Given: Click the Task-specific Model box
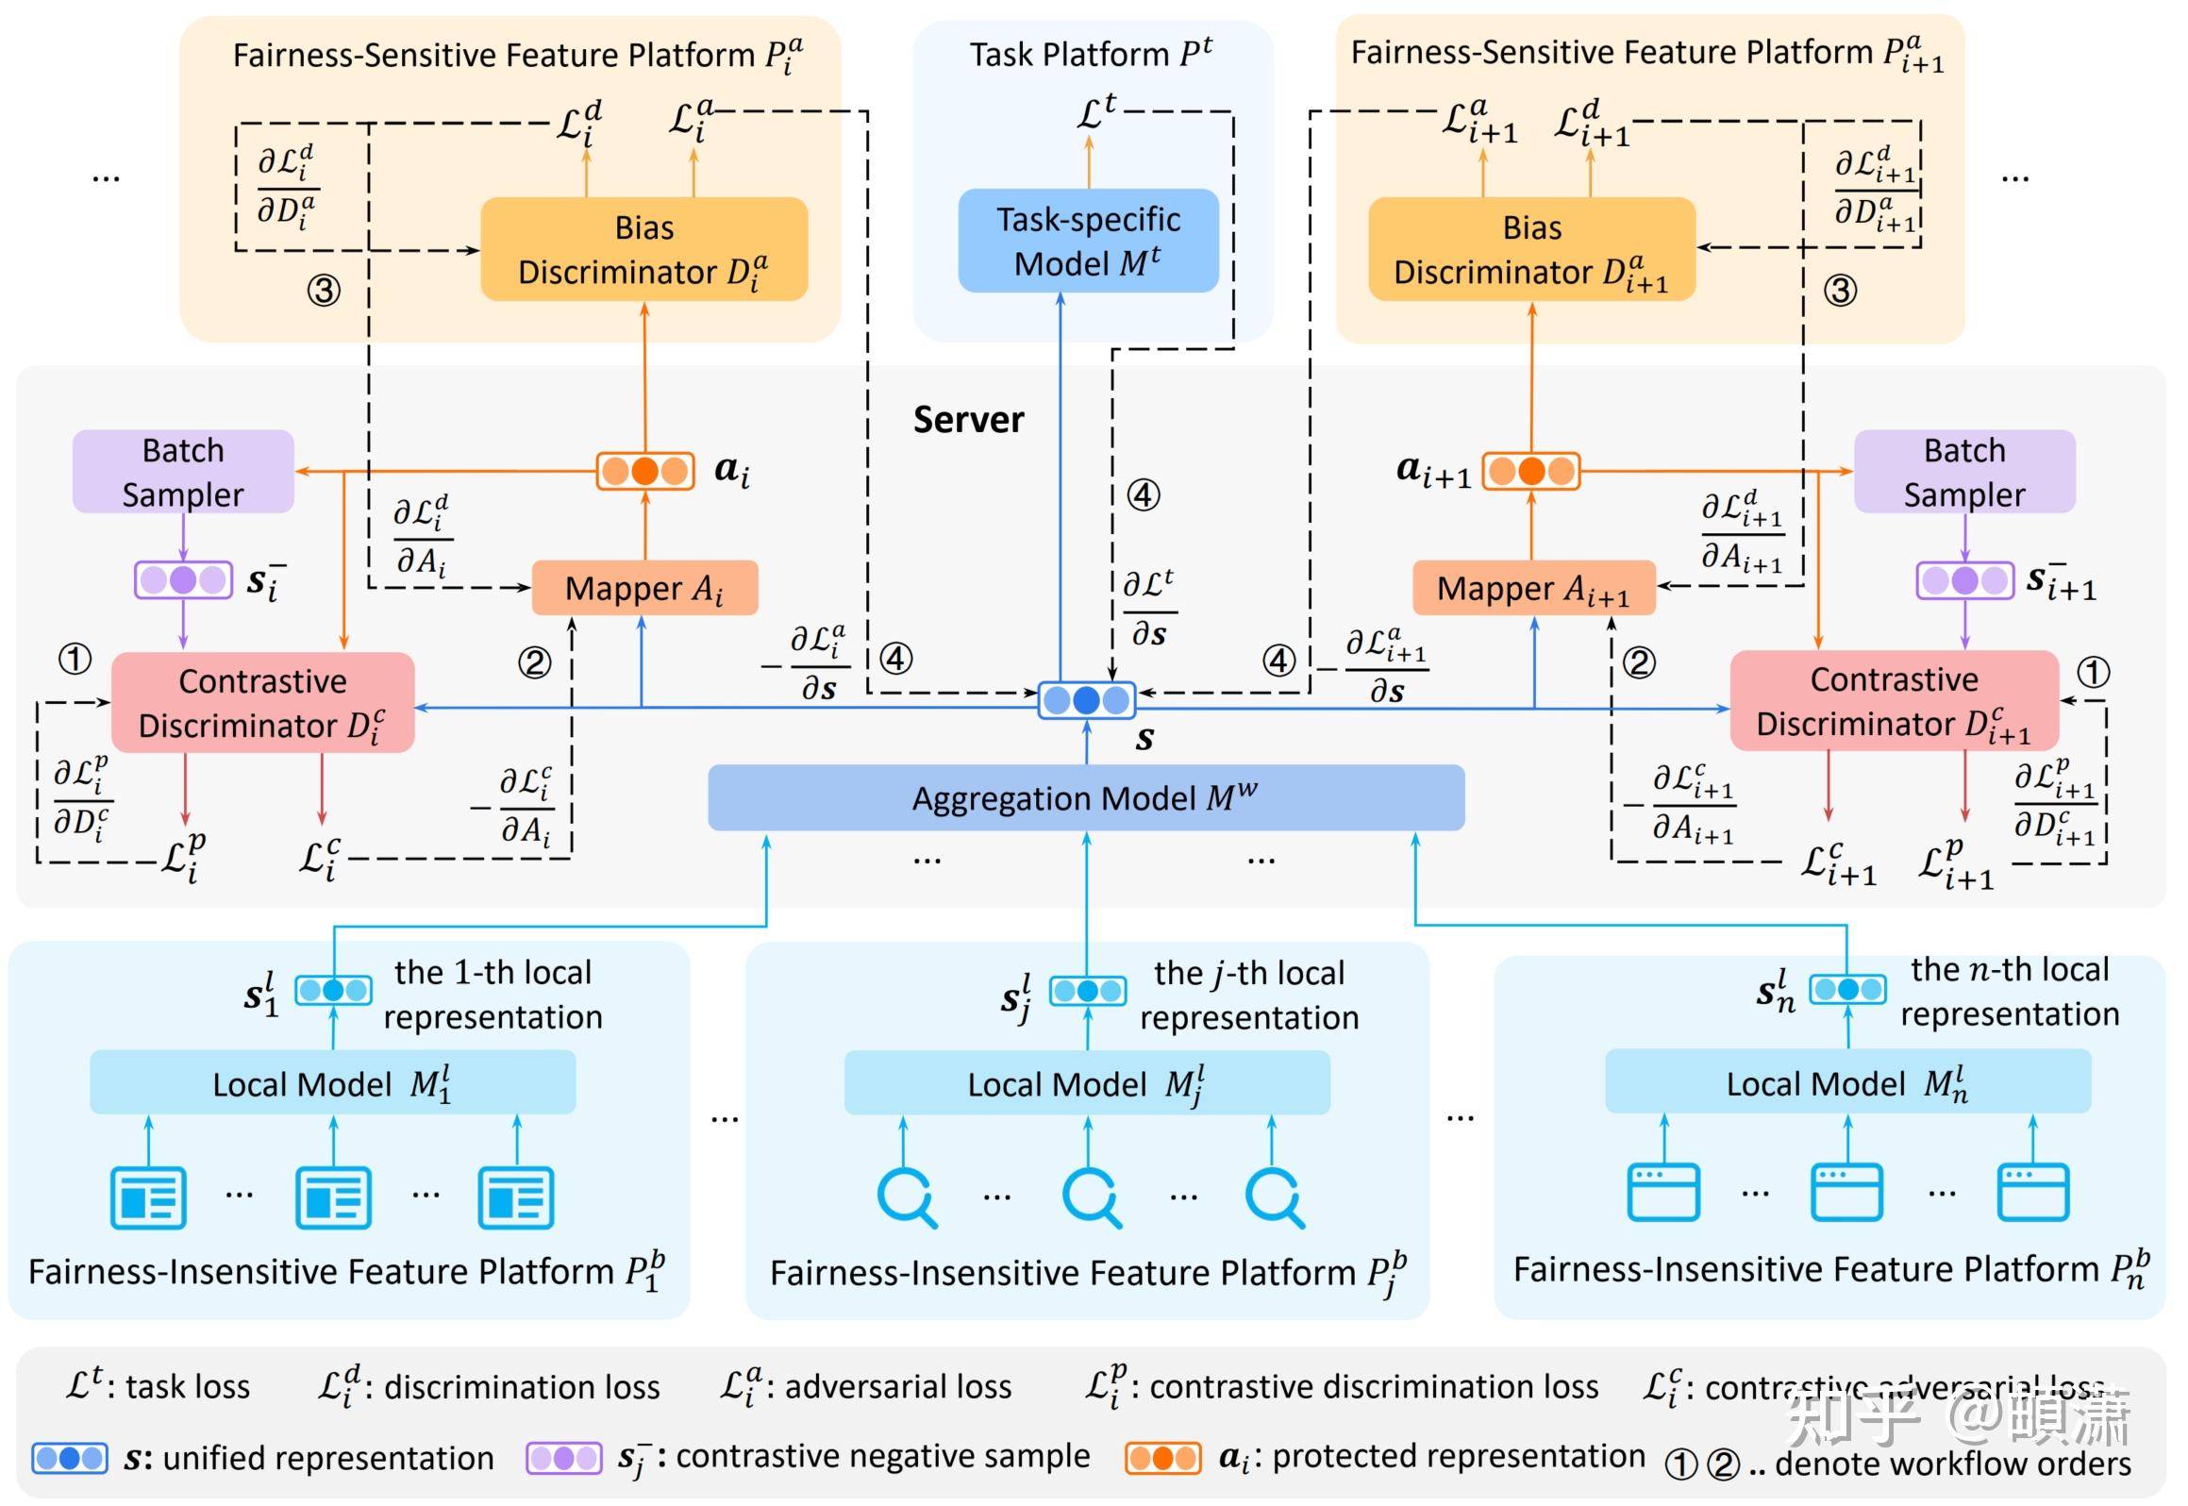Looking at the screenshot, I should coord(1088,242).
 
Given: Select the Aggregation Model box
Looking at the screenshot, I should coord(1085,798).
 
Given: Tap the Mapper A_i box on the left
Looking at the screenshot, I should coord(644,588).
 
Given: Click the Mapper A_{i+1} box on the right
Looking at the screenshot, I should coord(1533,588).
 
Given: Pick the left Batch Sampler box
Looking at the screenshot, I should coord(183,472).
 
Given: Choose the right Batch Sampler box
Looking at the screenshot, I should coord(1964,472).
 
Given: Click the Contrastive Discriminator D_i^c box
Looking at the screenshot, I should coord(262,703).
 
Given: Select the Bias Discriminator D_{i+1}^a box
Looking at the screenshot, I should coord(1531,249).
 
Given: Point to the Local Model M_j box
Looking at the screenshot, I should coord(1087,1083).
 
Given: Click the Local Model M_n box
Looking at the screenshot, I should coord(1847,1082).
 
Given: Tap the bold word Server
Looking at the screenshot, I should coord(968,420).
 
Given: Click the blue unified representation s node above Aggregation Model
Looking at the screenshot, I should coord(1086,700).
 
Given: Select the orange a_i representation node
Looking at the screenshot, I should coord(645,471).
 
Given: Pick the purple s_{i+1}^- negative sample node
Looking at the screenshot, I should coord(1964,580).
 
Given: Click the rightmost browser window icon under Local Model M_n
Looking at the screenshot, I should coord(2033,1192).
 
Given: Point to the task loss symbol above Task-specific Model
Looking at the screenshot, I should coord(1096,112).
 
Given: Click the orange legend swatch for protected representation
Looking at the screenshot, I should coord(1162,1458).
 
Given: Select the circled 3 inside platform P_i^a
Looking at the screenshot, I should coord(324,290).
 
